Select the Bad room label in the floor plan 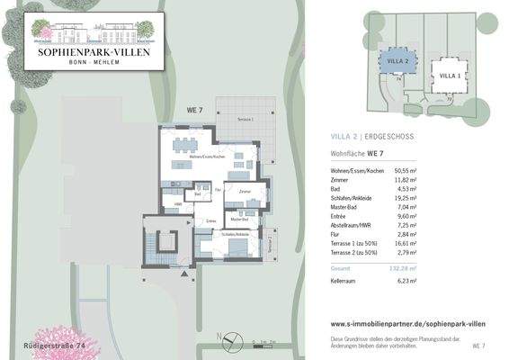pyautogui.click(x=197, y=193)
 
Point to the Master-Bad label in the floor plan pyautogui.click(x=239, y=219)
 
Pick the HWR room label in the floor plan pyautogui.click(x=178, y=203)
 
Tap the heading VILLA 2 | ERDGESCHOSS pyautogui.click(x=371, y=137)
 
